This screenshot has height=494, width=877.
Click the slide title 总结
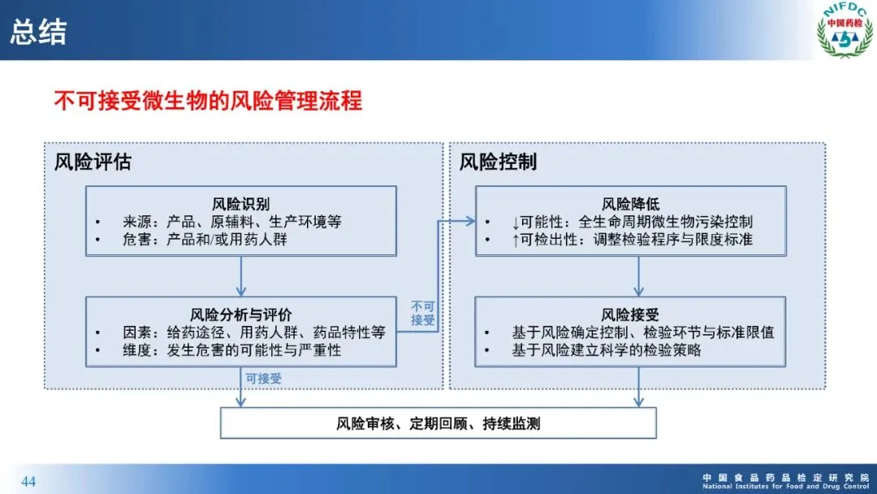pos(38,32)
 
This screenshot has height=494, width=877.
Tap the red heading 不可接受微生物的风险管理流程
pos(208,102)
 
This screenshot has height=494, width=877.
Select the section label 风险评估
pos(93,161)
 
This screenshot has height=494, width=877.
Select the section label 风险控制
pos(498,161)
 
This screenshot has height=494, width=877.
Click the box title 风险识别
pos(240,203)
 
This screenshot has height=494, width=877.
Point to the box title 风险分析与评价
pos(240,314)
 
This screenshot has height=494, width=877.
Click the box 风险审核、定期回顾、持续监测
pos(438,422)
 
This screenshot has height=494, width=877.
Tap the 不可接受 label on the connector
pos(423,314)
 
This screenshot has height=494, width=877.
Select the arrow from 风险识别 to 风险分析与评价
pos(240,276)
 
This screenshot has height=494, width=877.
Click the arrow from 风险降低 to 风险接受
pos(638,276)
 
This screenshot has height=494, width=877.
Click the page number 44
pos(28,482)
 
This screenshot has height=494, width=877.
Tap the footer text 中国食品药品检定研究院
pos(785,477)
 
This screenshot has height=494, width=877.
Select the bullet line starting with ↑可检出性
pos(632,240)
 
